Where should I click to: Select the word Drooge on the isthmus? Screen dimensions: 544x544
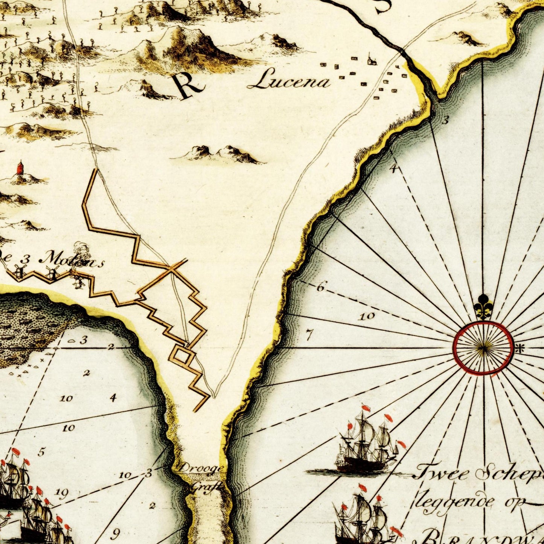pos(201,469)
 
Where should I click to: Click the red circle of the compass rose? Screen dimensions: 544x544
pos(483,348)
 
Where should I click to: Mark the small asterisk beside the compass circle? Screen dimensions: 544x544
pos(520,349)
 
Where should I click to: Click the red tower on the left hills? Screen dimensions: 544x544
pos(20,168)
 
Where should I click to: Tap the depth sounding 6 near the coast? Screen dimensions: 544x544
pos(320,287)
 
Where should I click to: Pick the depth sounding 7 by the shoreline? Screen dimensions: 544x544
pos(309,334)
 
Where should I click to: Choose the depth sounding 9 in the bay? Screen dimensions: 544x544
pos(116,533)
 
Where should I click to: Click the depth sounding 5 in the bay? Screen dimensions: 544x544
pos(42,452)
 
